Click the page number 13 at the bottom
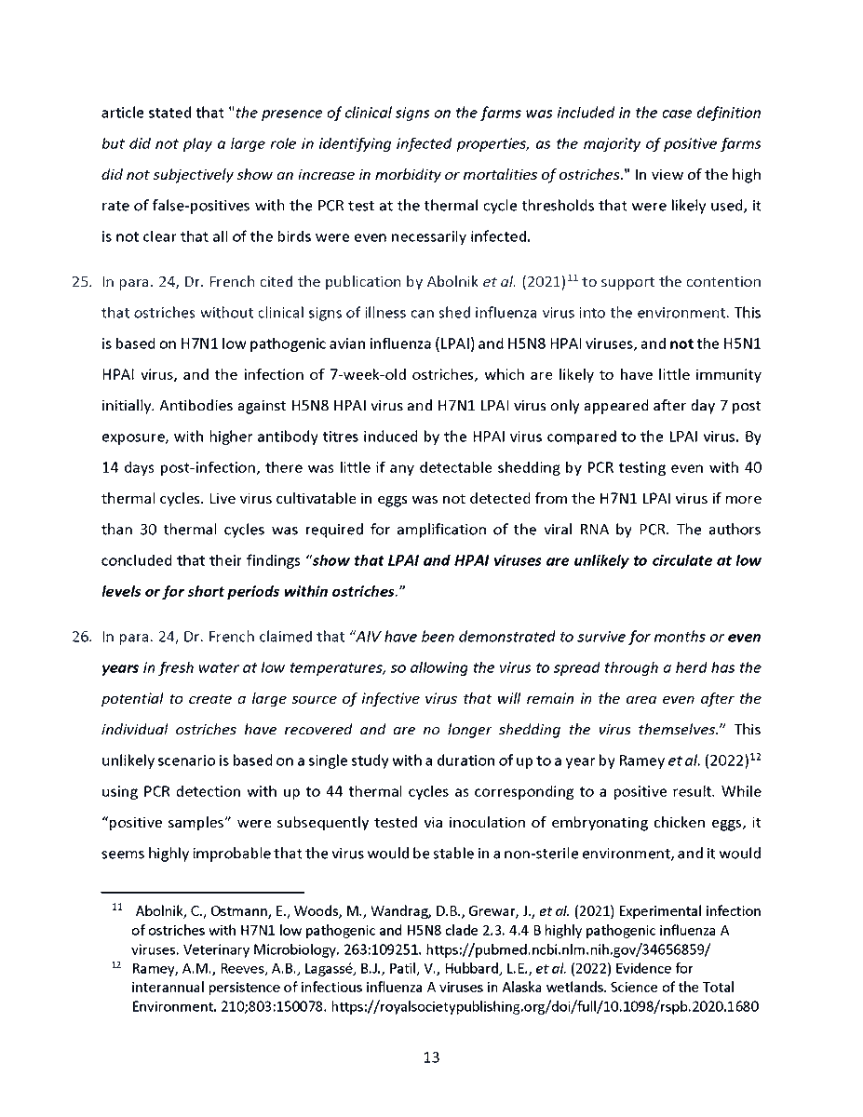point(431,1057)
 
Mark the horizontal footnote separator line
point(202,891)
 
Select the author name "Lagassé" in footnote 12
point(331,970)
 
